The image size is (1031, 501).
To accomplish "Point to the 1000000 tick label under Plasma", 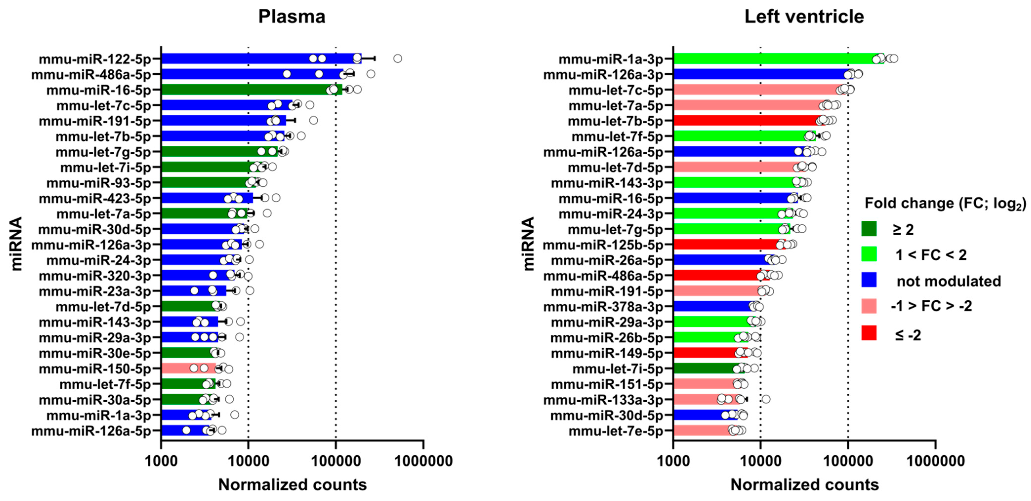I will (x=423, y=461).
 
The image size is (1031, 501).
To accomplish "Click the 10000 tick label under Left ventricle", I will (x=761, y=461).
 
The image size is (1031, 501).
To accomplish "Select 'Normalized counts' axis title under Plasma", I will (x=292, y=485).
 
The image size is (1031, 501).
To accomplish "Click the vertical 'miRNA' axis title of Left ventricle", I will (x=528, y=244).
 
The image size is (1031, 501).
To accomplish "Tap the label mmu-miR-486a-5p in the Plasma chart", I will (x=91, y=75).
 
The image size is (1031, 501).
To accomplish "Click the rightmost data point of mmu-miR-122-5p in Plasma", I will (x=397, y=58).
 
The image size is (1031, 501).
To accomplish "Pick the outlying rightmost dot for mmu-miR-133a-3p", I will (x=766, y=399).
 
